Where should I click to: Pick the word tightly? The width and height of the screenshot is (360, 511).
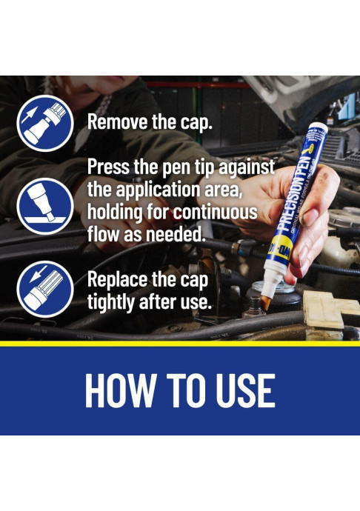(x=114, y=303)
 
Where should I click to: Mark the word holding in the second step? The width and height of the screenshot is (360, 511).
(x=117, y=213)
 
